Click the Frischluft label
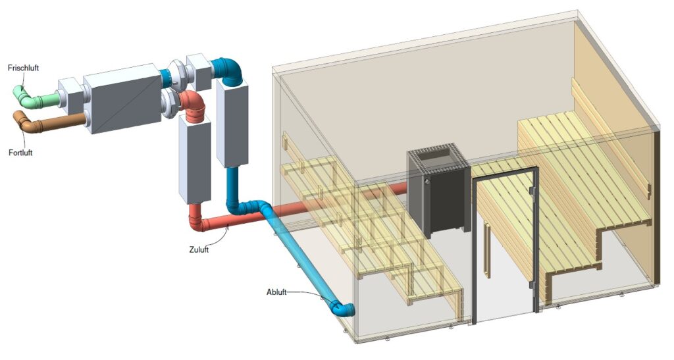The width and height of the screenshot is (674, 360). click(23, 68)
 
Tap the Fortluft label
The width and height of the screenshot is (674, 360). click(20, 153)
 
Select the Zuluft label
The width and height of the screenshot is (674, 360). click(199, 249)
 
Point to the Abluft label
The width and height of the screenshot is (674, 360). click(276, 292)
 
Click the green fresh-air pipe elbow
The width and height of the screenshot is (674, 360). click(24, 97)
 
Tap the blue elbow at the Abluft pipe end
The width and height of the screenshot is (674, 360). click(342, 309)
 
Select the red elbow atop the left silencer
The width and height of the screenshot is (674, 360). click(193, 105)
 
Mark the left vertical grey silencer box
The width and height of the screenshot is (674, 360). click(195, 160)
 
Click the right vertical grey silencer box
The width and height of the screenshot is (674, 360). click(232, 124)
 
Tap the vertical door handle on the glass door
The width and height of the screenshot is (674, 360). click(486, 251)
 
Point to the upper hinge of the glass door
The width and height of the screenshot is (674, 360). click(531, 190)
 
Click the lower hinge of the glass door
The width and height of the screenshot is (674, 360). click(531, 285)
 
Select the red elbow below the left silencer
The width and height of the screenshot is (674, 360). click(197, 219)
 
